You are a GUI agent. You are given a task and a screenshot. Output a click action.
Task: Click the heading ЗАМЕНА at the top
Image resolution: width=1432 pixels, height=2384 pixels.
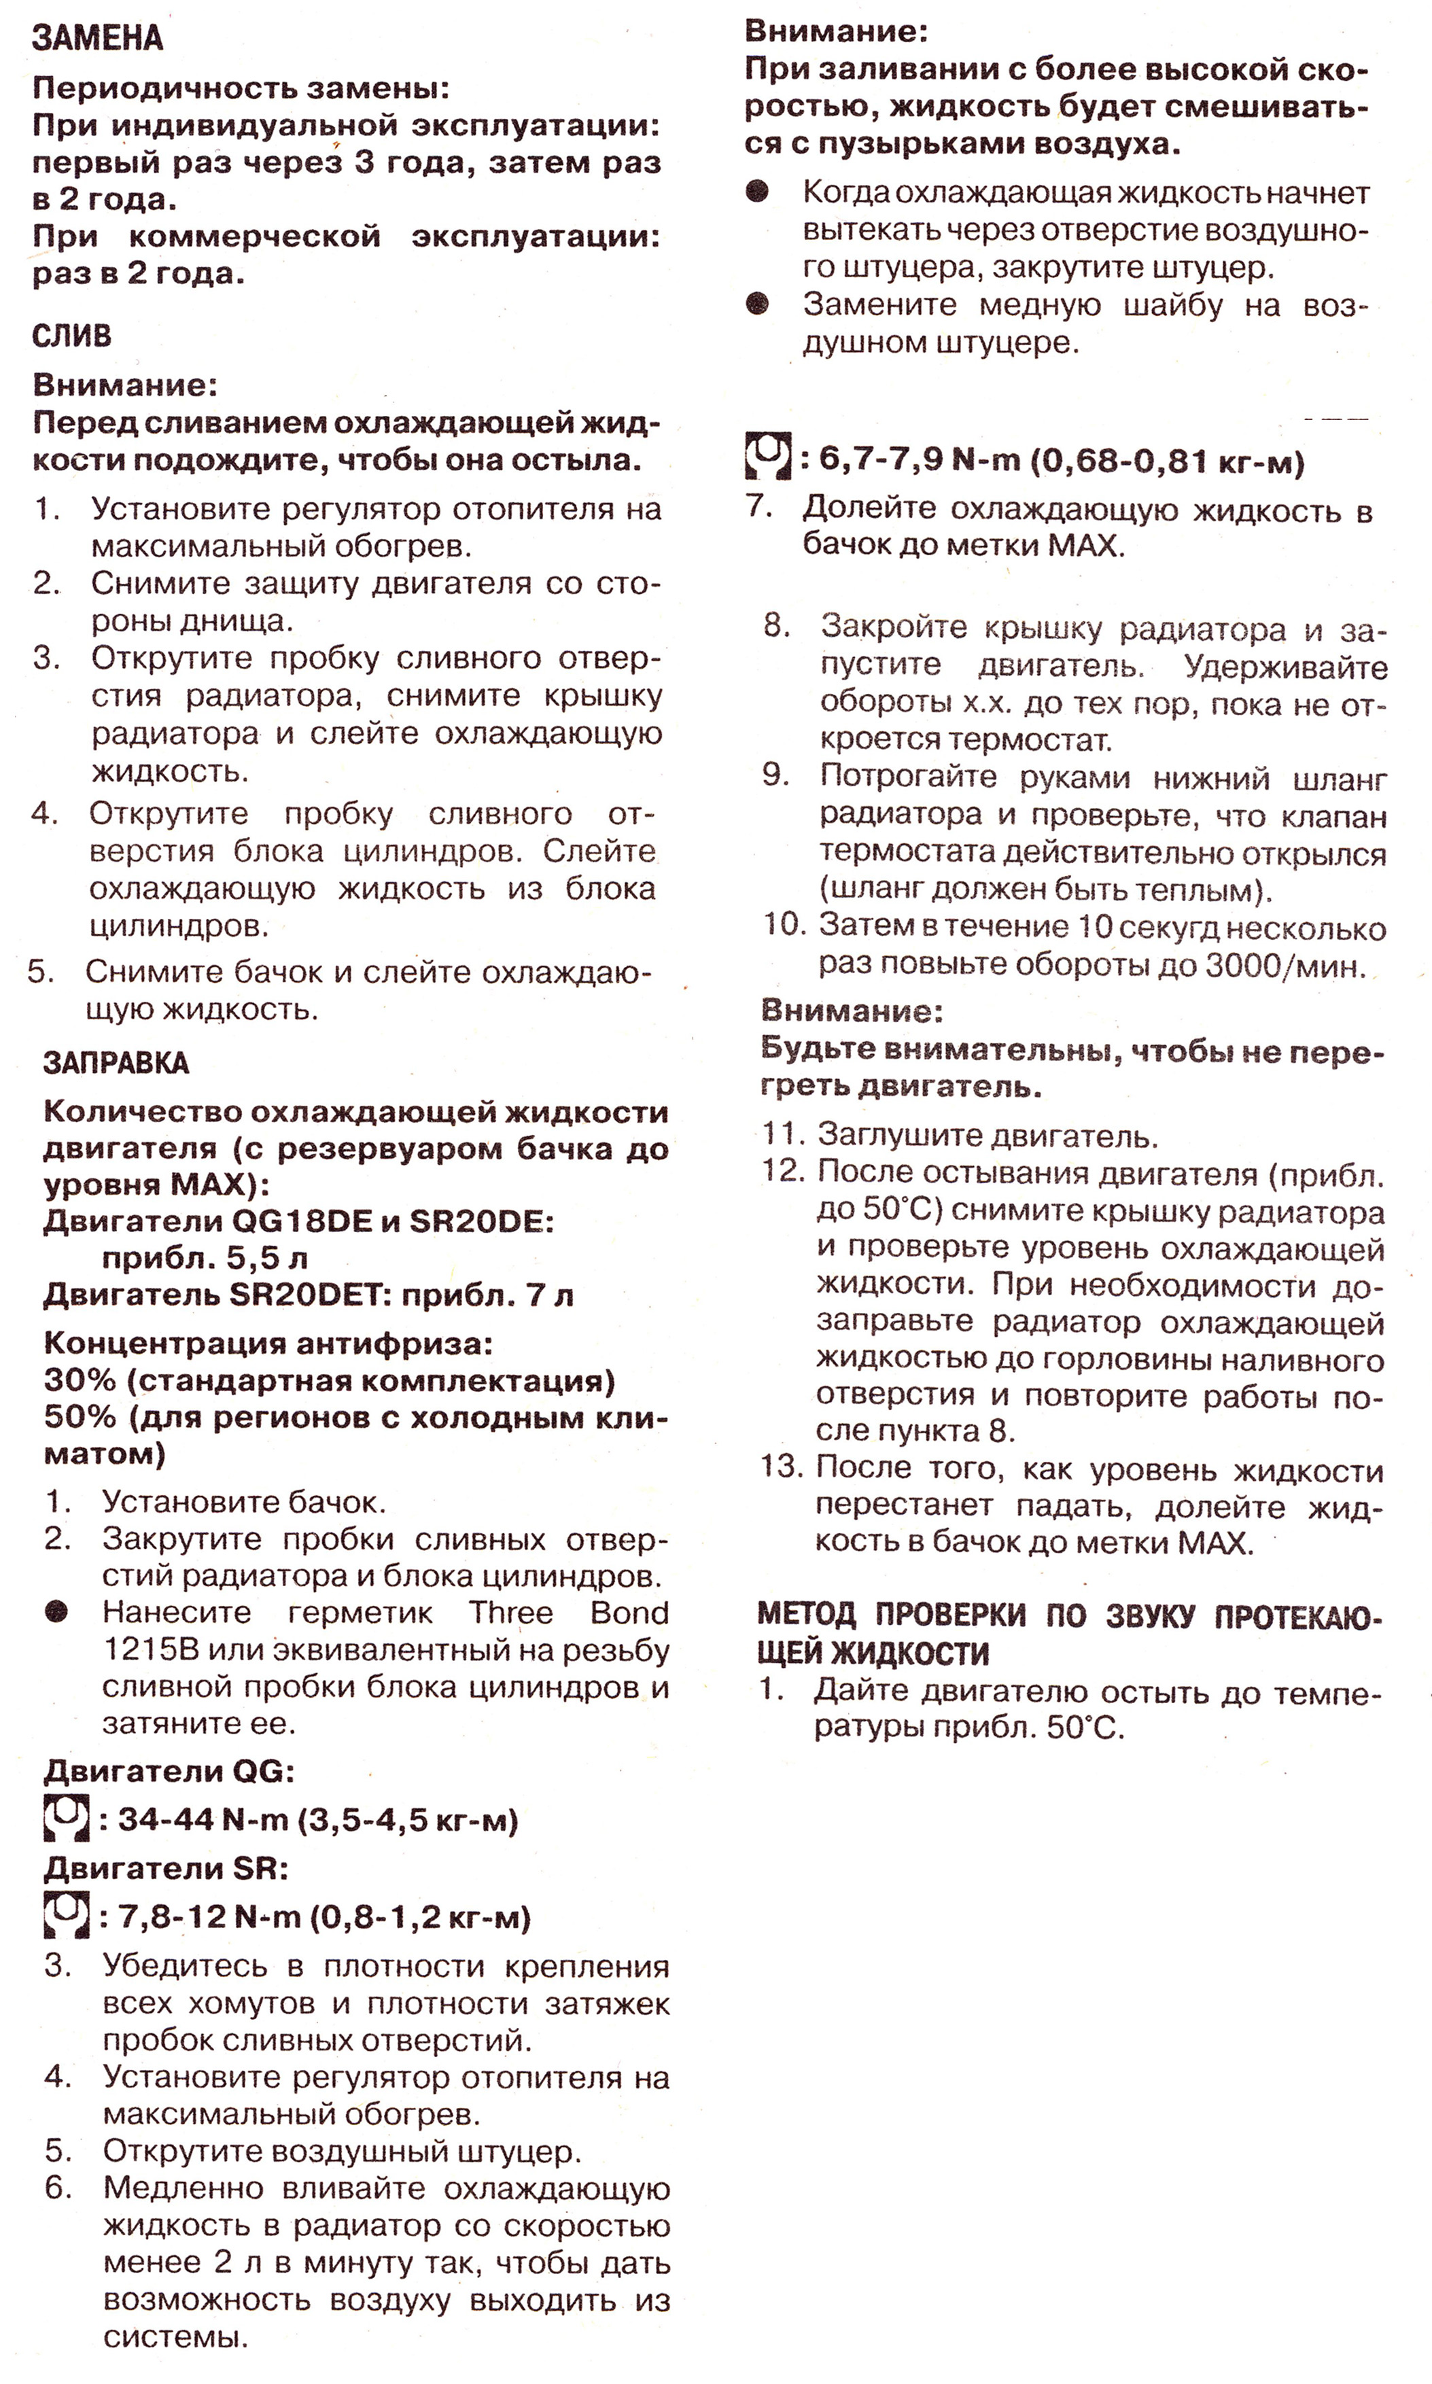click(97, 39)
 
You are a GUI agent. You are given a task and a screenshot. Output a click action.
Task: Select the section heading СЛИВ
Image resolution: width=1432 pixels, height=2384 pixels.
click(71, 336)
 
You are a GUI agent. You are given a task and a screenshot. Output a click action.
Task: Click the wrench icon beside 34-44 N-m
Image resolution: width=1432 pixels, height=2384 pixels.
click(67, 1819)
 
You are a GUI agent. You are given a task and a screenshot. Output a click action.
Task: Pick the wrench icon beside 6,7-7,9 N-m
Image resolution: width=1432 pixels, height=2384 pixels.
click(768, 457)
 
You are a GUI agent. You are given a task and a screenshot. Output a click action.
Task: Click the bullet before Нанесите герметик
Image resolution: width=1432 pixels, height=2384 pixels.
click(57, 1612)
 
